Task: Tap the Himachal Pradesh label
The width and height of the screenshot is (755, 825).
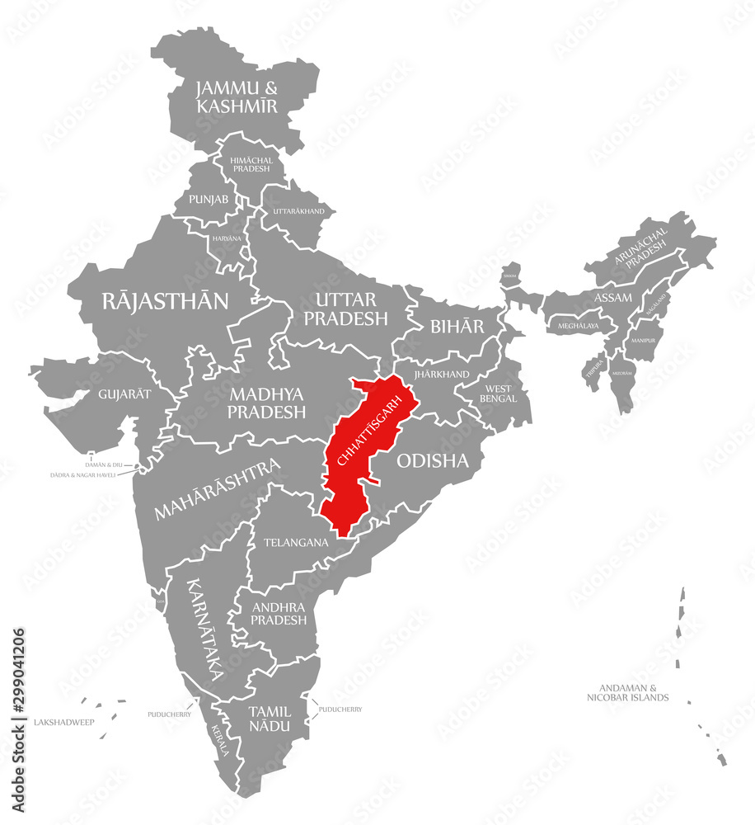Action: (x=251, y=163)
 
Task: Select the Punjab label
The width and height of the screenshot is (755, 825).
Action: (x=209, y=200)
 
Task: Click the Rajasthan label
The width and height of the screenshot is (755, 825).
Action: (x=165, y=301)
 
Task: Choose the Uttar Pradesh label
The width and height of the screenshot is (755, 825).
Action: (x=346, y=308)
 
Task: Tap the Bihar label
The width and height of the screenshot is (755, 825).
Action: (x=457, y=326)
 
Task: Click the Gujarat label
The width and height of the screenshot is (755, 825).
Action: (x=124, y=394)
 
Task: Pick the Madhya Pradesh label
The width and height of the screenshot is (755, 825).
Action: (x=268, y=403)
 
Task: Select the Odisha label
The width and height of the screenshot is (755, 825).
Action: (x=433, y=461)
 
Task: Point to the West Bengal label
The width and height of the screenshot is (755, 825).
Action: (x=499, y=393)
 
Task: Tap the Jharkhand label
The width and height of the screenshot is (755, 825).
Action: (x=443, y=374)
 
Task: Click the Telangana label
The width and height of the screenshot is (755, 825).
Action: (x=296, y=543)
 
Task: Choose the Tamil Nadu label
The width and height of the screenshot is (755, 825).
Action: (x=270, y=718)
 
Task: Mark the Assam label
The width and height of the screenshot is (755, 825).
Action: (x=613, y=297)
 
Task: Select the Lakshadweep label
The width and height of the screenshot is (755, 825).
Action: (x=64, y=722)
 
